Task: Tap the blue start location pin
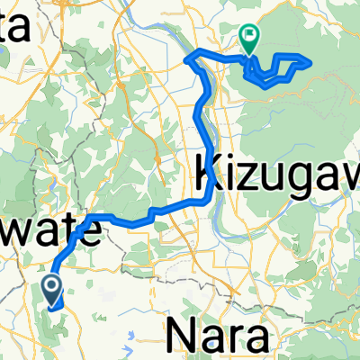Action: click(x=51, y=290)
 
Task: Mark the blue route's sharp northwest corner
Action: click(x=186, y=58)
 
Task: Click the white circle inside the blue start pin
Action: click(x=51, y=287)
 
